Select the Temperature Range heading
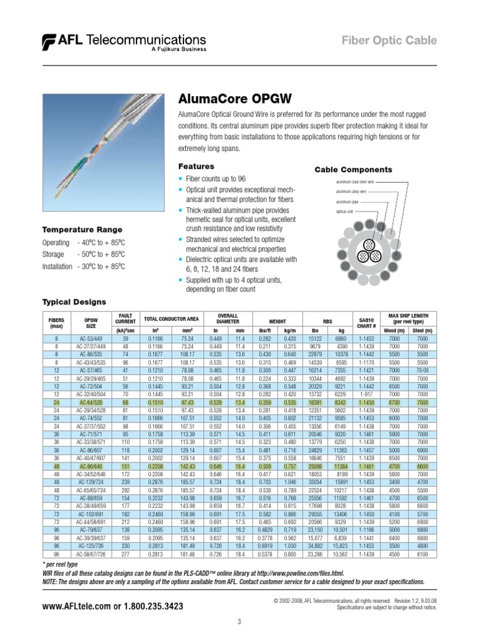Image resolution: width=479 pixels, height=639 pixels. [82, 230]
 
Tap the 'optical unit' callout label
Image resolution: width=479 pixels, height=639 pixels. [344, 212]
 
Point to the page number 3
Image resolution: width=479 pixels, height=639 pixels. [239, 621]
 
